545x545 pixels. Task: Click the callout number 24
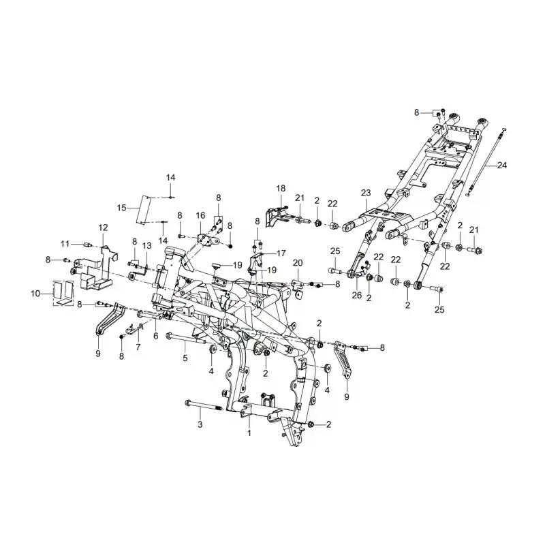pyautogui.click(x=502, y=166)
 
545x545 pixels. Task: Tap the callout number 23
pyautogui.click(x=366, y=193)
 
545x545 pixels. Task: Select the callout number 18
pyautogui.click(x=281, y=189)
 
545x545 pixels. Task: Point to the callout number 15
pyautogui.click(x=122, y=208)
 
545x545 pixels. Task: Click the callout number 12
pyautogui.click(x=104, y=228)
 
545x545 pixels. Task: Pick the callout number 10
pyautogui.click(x=35, y=294)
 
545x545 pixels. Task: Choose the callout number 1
pyautogui.click(x=249, y=433)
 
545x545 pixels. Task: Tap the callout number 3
pyautogui.click(x=200, y=424)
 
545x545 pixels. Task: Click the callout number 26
pyautogui.click(x=357, y=295)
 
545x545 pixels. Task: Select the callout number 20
pyautogui.click(x=298, y=263)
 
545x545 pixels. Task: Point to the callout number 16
pyautogui.click(x=200, y=215)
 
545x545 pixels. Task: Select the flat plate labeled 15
pyautogui.click(x=143, y=210)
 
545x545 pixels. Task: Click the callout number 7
pyautogui.click(x=138, y=347)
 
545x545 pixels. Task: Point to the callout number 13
pyautogui.click(x=147, y=246)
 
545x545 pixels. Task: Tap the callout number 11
pyautogui.click(x=65, y=244)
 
